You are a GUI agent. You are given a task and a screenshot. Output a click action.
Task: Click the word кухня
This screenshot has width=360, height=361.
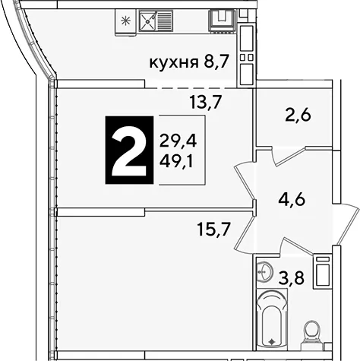(x=174, y=62)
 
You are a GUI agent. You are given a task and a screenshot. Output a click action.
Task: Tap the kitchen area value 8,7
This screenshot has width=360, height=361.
(x=216, y=62)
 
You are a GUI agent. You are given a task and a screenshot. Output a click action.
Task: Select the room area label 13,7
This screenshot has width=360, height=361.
(x=206, y=102)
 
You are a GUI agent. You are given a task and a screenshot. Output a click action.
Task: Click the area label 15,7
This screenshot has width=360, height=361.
(x=214, y=230)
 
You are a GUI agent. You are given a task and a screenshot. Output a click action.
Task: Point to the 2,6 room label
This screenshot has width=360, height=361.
(x=298, y=116)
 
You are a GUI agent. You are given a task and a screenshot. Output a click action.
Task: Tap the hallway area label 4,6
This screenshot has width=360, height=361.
(x=292, y=200)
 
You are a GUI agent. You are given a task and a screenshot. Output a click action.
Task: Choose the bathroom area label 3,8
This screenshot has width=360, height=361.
(x=291, y=277)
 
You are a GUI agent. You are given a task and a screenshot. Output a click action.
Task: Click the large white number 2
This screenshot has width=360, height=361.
(x=129, y=155)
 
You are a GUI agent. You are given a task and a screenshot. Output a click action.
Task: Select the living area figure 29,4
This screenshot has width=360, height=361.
(x=178, y=141)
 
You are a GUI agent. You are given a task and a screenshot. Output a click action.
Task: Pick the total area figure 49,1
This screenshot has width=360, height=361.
(x=176, y=161)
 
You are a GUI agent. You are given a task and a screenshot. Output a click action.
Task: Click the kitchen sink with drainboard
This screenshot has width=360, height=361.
(x=156, y=21)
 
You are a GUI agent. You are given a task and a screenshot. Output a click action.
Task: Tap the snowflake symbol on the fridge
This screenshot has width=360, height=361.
(x=125, y=21)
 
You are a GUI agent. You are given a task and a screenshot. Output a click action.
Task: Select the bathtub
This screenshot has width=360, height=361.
(x=272, y=318)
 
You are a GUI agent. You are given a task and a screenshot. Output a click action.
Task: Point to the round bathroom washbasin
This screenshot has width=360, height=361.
(x=264, y=271)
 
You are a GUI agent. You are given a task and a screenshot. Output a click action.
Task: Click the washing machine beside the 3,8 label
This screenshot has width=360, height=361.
(x=322, y=271)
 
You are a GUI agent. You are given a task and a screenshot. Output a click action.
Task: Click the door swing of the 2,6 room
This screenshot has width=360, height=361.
(x=289, y=156)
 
